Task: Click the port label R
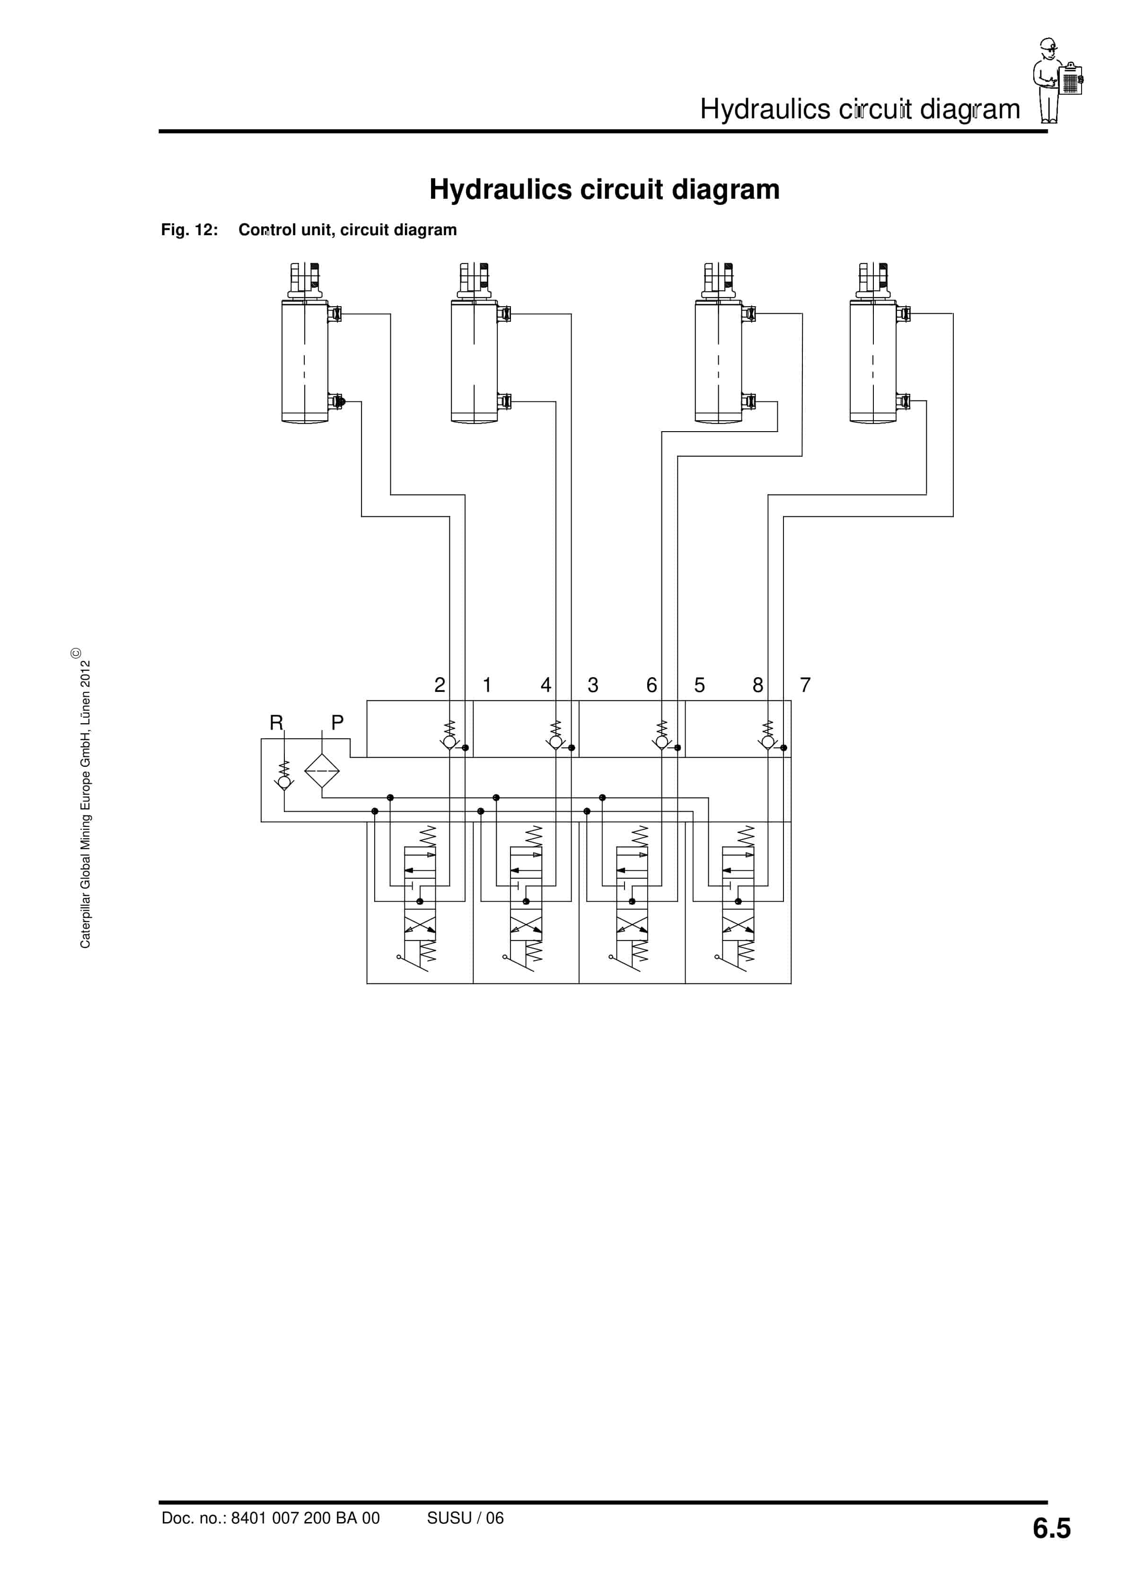276,723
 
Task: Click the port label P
337,723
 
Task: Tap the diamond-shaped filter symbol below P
322,770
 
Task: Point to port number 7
805,685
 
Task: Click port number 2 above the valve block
440,685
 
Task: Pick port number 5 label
700,685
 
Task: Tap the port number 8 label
758,685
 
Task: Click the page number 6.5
1051,1528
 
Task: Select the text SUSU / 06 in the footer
465,1518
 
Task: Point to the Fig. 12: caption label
190,230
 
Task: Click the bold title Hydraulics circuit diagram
604,189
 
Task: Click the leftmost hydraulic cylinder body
305,361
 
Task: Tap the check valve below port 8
768,742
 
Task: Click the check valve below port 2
450,742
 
